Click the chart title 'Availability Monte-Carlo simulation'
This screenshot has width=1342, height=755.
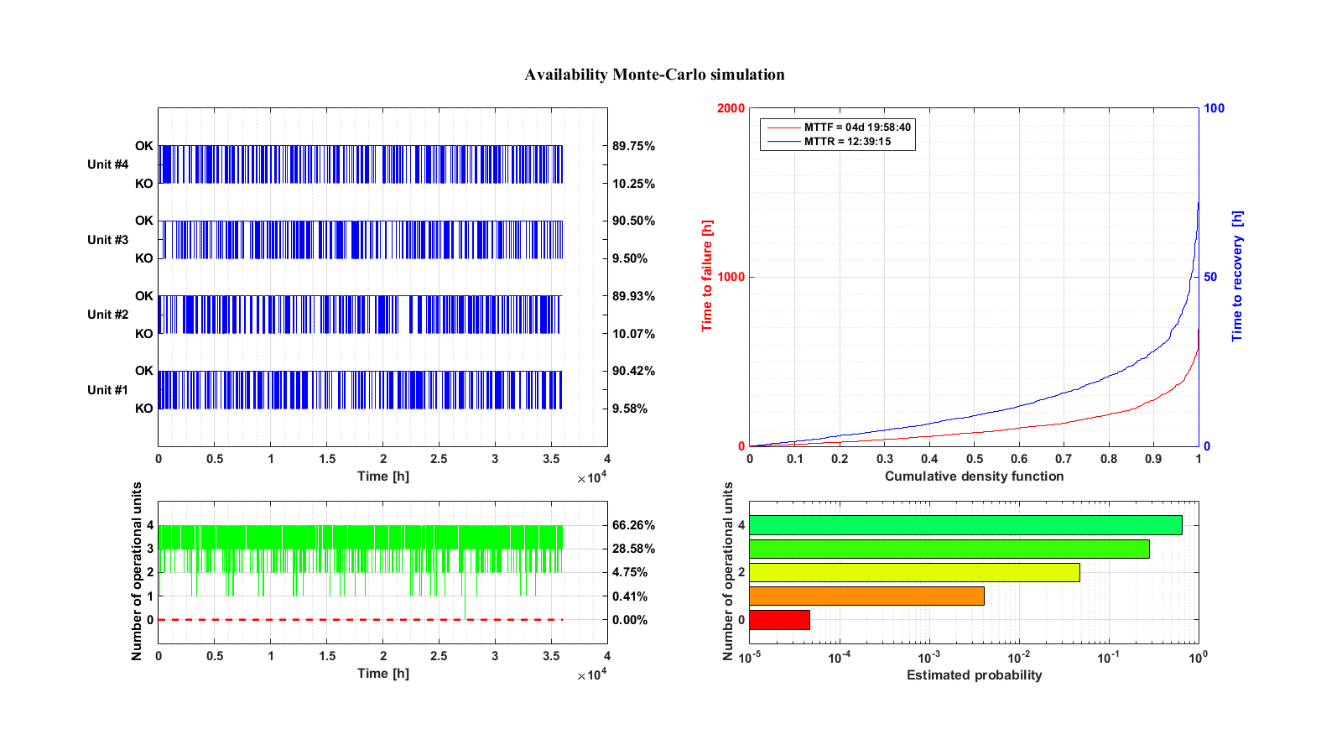pyautogui.click(x=654, y=75)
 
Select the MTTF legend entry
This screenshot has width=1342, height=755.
pyautogui.click(x=840, y=127)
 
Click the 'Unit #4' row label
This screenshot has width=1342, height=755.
pyautogui.click(x=108, y=164)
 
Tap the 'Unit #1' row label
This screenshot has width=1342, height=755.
pyautogui.click(x=108, y=390)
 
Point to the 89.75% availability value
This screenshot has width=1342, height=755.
pyautogui.click(x=633, y=146)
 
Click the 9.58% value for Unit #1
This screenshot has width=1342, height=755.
pyautogui.click(x=630, y=409)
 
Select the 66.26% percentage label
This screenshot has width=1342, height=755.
pyautogui.click(x=633, y=525)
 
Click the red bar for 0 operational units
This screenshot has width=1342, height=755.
pyautogui.click(x=779, y=620)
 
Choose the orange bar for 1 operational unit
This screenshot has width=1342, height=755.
pyautogui.click(x=866, y=596)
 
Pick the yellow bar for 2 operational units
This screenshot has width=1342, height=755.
pyautogui.click(x=914, y=572)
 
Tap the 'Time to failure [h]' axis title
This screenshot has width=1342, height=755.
pyautogui.click(x=707, y=276)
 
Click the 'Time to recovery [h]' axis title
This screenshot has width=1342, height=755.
pyautogui.click(x=1237, y=276)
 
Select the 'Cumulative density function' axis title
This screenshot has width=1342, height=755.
pyautogui.click(x=974, y=476)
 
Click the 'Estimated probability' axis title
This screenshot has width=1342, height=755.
pyautogui.click(x=974, y=675)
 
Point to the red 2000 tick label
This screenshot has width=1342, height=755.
pyautogui.click(x=731, y=108)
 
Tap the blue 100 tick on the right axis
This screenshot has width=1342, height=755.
pyautogui.click(x=1214, y=108)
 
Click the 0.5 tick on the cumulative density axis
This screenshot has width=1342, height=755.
pyautogui.click(x=974, y=459)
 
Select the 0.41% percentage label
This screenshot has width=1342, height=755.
pyautogui.click(x=630, y=596)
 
